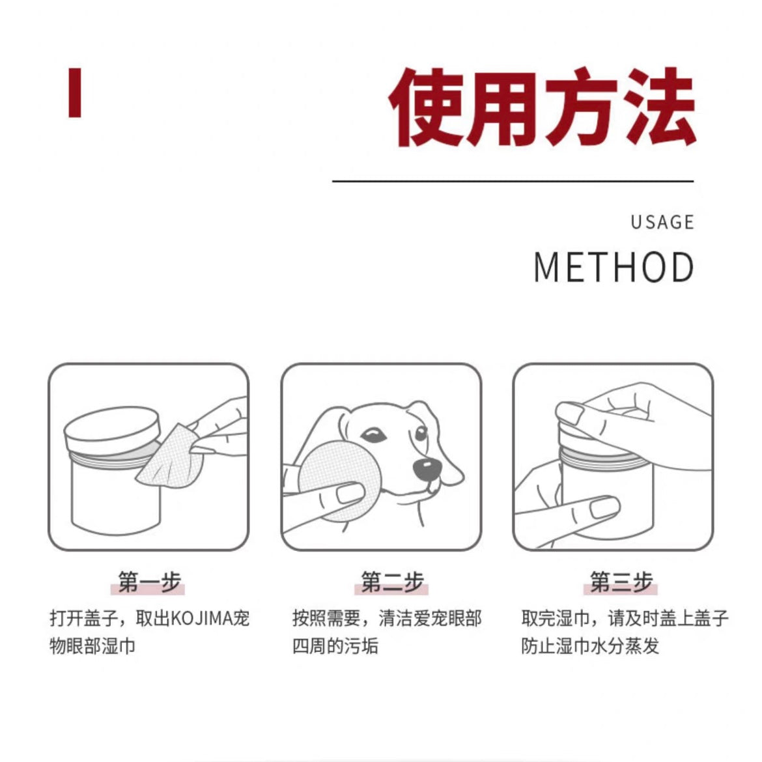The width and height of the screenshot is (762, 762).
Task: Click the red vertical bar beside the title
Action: point(75,92)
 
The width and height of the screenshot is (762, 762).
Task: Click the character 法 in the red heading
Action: point(658,107)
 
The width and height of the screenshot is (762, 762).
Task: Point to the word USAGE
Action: point(662,223)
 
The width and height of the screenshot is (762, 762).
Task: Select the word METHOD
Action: point(614,268)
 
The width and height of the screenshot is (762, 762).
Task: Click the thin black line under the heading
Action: point(513,181)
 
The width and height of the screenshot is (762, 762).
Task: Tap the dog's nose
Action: point(427,466)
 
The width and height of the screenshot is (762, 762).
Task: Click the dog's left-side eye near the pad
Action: point(373,434)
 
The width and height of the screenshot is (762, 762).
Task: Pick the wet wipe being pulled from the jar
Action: point(167,459)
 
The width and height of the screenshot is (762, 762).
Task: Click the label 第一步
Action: point(149,582)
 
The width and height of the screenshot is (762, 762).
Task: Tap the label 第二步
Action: point(392,582)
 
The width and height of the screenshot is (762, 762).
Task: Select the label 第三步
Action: point(621,582)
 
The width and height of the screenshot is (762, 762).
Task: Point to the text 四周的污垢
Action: point(335,646)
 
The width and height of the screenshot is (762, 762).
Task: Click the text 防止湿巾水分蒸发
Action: point(589,646)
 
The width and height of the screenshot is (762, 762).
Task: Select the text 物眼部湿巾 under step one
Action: point(92,646)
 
